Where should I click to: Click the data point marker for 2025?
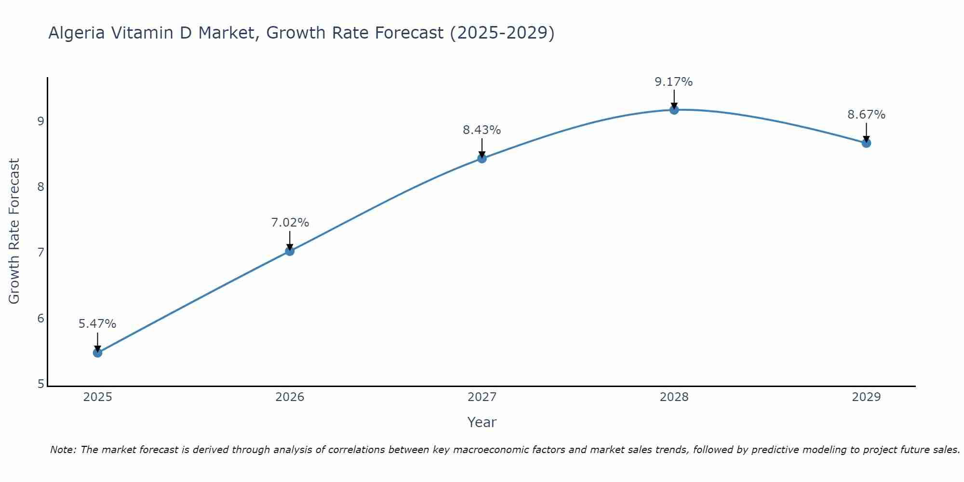(x=97, y=353)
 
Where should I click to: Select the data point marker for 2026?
(x=290, y=251)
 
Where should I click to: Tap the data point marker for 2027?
(x=482, y=158)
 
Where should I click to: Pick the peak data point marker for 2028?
(x=674, y=110)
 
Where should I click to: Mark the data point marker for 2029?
(x=866, y=143)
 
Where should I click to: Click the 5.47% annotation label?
(x=97, y=324)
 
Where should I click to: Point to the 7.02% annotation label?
(x=290, y=223)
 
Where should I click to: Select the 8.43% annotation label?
(x=482, y=130)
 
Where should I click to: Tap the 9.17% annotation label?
(x=674, y=82)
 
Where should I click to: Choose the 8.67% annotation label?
(x=866, y=115)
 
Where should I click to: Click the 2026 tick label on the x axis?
(x=290, y=397)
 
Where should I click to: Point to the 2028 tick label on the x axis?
(x=674, y=397)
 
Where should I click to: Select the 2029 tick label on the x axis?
(x=866, y=397)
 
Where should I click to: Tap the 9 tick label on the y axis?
(x=41, y=121)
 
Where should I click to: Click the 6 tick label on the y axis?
(x=41, y=319)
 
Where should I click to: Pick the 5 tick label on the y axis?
(x=41, y=384)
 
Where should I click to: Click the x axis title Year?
(x=482, y=422)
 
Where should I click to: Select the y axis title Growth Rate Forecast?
(x=14, y=231)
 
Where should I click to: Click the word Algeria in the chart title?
(x=77, y=33)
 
